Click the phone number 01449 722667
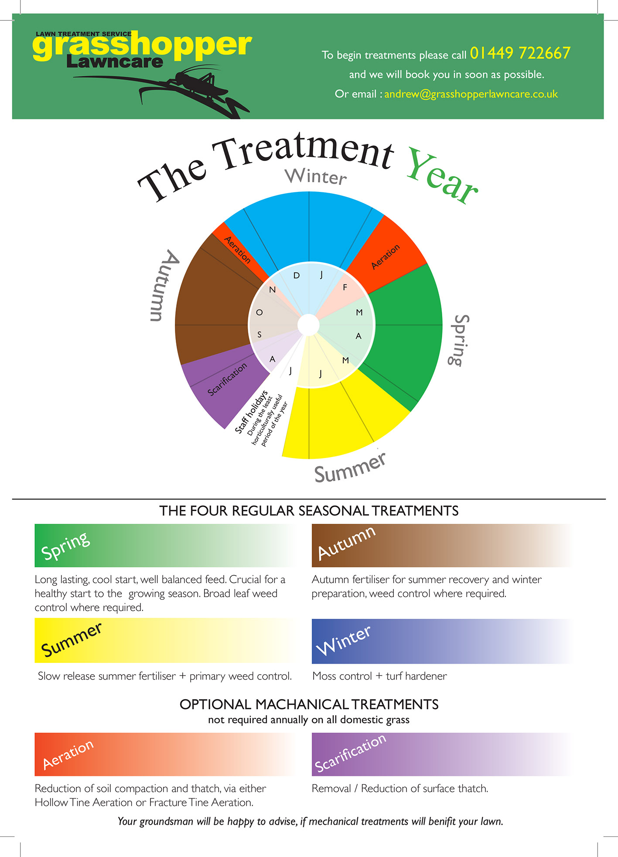tap(520, 53)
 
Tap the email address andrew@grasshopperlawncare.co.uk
tap(471, 94)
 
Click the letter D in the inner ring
tap(297, 276)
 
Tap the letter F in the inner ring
tap(345, 287)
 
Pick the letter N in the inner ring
tap(273, 290)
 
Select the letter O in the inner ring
tap(259, 312)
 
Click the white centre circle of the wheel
tap(309, 325)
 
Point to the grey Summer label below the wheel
tap(350, 468)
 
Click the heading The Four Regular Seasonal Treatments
tap(309, 511)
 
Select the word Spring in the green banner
tap(65, 546)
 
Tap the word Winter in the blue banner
tap(343, 640)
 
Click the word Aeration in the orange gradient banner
tap(68, 755)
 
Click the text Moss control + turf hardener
tap(380, 676)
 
